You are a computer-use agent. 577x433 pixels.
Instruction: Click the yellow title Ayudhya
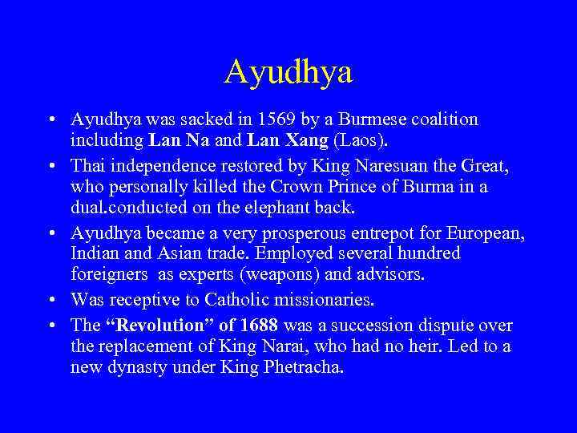288,71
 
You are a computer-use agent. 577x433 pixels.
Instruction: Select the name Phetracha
306,367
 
